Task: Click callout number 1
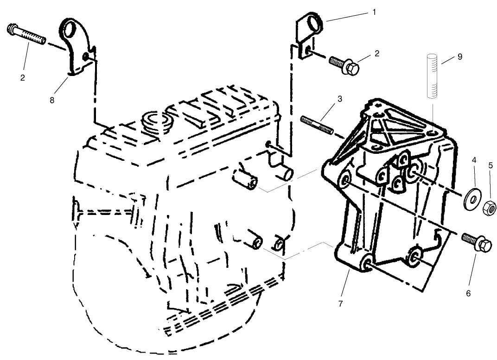pyautogui.click(x=374, y=12)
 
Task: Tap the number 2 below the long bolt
pyautogui.click(x=22, y=77)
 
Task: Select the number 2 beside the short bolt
pyautogui.click(x=377, y=53)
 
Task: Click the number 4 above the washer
pyautogui.click(x=474, y=160)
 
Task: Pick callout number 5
pyautogui.click(x=491, y=165)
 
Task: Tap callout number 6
pyautogui.click(x=468, y=293)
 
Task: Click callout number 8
pyautogui.click(x=52, y=100)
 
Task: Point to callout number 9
pyautogui.click(x=459, y=57)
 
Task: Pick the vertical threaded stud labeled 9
pyautogui.click(x=432, y=76)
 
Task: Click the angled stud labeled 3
pyautogui.click(x=318, y=126)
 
